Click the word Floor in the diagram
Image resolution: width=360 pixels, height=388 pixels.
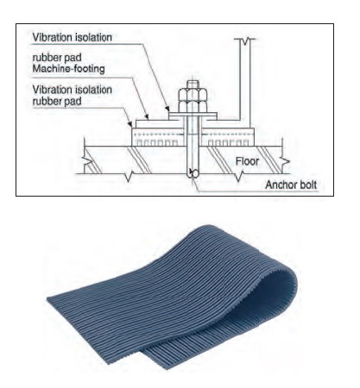(x=247, y=161)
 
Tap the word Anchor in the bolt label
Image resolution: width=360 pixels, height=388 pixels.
(x=278, y=185)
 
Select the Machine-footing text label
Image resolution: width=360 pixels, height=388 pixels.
(x=68, y=69)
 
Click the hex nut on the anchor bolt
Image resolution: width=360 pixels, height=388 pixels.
(x=193, y=100)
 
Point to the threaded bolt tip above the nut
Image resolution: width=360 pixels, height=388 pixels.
(x=193, y=84)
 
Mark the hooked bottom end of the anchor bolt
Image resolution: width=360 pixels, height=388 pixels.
(x=193, y=173)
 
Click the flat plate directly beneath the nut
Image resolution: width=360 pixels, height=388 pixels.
(x=193, y=116)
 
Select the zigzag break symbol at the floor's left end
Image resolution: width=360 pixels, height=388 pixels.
(x=87, y=162)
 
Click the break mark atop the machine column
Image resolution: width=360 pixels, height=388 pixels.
(x=245, y=41)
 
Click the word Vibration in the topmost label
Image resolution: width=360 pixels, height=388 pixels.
(x=52, y=37)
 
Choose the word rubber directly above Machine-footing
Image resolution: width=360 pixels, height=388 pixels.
(x=46, y=58)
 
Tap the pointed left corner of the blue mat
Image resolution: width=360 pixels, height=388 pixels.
(x=48, y=299)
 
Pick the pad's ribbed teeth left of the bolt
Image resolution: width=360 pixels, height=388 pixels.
(x=157, y=142)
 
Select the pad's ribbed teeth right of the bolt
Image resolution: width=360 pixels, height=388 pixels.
(x=229, y=142)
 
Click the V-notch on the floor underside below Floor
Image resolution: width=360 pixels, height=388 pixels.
(x=238, y=176)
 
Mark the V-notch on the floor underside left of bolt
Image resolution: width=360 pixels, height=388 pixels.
(x=129, y=177)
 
